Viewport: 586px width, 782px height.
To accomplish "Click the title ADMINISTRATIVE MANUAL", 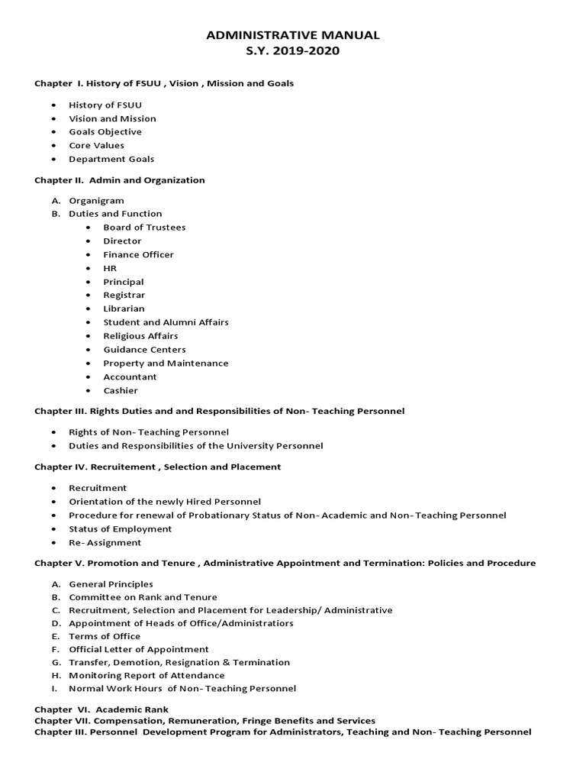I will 294,35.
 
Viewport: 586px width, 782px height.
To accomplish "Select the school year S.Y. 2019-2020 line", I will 294,52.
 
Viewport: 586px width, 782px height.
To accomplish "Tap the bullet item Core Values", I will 96,145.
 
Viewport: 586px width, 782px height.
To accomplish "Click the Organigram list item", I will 96,200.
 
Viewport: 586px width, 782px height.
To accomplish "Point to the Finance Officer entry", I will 138,254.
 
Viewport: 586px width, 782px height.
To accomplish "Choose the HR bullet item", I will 110,268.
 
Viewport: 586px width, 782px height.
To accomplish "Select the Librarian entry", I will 124,309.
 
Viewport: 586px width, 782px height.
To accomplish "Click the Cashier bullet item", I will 121,390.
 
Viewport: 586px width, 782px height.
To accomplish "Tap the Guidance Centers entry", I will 144,349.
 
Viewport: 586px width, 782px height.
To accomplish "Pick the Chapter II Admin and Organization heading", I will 120,180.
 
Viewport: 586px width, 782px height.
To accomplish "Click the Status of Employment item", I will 120,528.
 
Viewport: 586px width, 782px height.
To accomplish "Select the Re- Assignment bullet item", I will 105,542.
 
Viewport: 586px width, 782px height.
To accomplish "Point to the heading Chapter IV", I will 157,467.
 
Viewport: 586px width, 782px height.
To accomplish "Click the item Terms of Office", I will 105,636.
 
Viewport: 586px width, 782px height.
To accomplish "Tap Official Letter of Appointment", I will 138,649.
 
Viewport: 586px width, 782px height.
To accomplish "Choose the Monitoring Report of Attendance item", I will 146,675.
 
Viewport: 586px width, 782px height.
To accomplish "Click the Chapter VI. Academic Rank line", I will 101,709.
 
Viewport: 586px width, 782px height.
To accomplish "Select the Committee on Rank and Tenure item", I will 143,597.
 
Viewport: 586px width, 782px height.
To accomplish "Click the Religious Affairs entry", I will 140,335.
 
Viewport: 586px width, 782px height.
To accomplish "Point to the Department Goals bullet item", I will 111,159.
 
